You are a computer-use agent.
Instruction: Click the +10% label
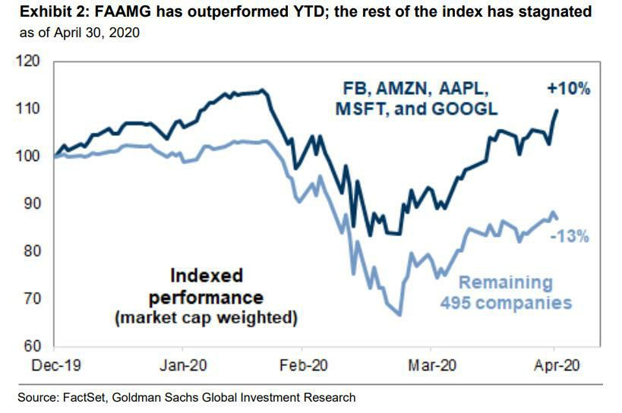point(569,88)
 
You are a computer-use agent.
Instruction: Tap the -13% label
point(570,236)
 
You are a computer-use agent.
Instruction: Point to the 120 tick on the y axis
point(27,61)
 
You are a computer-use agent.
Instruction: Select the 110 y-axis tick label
point(27,109)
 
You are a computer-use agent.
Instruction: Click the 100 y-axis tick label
point(27,156)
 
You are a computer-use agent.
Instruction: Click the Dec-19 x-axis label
point(56,365)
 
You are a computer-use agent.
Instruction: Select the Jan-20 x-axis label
point(183,365)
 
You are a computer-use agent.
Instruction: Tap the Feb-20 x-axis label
point(304,365)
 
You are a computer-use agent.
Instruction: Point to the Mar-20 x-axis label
point(432,365)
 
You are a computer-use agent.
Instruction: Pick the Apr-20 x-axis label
point(557,365)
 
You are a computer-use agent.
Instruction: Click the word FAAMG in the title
point(122,11)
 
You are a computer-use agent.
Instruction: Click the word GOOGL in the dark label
point(464,109)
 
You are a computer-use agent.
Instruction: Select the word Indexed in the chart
point(207,276)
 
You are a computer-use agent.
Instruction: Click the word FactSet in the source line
point(84,397)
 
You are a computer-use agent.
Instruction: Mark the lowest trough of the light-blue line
point(399,315)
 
